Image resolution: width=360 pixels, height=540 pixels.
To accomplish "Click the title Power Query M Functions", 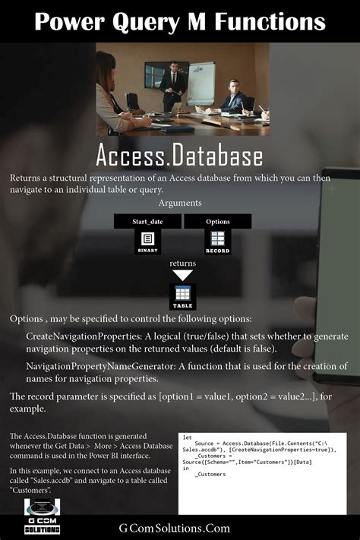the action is coord(180,21).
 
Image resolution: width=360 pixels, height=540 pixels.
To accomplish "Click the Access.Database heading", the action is coord(179,156).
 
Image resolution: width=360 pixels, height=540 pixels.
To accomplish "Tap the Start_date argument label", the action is coord(147,222).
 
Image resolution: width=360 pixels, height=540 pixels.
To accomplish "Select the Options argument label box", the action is coord(217,222).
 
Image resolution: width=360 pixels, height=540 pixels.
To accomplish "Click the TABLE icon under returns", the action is coord(182,296).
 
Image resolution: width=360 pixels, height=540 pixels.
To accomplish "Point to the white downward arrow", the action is coord(182,275).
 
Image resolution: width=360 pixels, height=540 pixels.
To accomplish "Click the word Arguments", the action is coord(180,204).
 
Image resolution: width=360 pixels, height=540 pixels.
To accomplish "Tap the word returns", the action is coord(182,263).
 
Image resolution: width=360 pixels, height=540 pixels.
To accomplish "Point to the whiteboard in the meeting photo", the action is coord(201,82).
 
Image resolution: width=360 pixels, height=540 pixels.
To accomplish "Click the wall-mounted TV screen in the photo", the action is coord(156,72).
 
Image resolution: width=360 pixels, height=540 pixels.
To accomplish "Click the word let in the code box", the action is coord(187,437).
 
